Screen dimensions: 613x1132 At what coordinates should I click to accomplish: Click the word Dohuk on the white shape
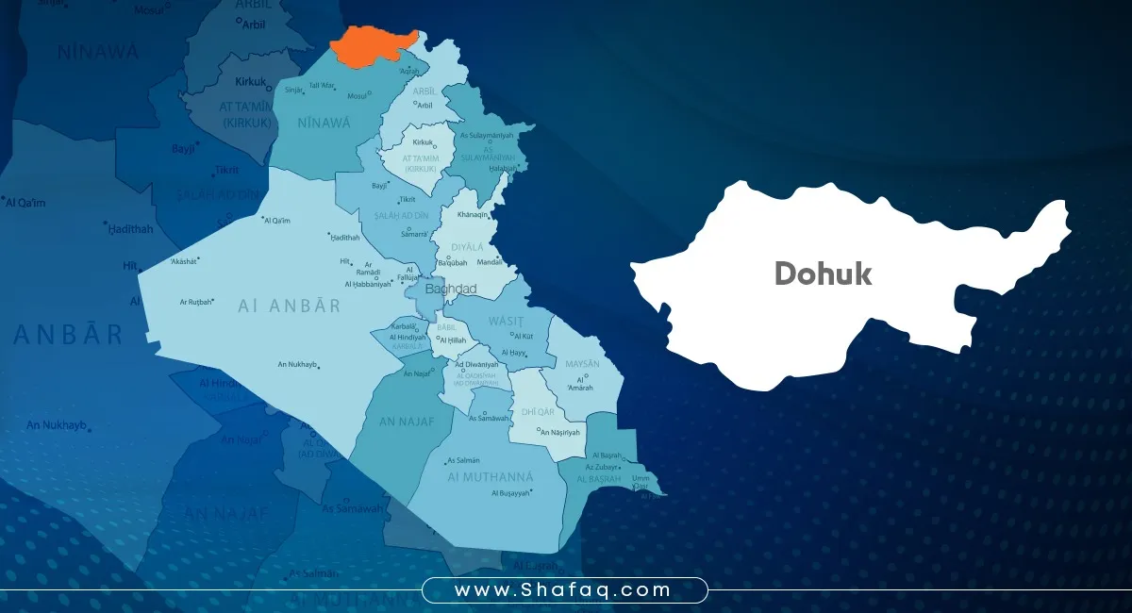[823, 273]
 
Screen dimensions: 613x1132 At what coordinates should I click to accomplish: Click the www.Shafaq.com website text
[563, 590]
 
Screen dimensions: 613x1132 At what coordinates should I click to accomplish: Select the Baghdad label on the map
[451, 289]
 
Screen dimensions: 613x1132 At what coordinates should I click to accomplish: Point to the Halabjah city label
[503, 168]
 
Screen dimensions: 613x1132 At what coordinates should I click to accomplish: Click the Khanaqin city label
[473, 215]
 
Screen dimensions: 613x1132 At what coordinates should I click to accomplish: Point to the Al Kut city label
[524, 335]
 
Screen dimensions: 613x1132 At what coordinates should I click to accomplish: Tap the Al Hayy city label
[515, 353]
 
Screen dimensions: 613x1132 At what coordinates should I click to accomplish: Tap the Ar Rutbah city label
[196, 302]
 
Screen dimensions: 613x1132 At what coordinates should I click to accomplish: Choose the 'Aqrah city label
[408, 71]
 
